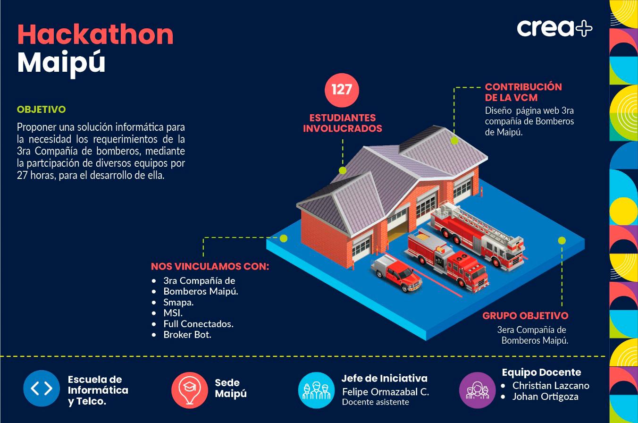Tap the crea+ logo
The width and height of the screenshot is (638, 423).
(554, 28)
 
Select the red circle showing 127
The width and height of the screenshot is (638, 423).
(342, 90)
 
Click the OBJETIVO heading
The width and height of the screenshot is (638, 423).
(41, 110)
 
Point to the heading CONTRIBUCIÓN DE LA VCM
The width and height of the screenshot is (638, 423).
(523, 92)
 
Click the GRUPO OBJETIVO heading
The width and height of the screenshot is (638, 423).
(525, 315)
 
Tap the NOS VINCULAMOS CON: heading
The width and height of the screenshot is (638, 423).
(210, 266)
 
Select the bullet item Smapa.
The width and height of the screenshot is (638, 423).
(178, 302)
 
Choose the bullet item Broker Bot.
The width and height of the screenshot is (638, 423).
(187, 335)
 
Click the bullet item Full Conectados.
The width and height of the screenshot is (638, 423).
(198, 324)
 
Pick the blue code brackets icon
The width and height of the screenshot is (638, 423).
(42, 389)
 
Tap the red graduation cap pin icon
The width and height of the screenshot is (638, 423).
(190, 390)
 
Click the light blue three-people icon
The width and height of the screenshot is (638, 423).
(316, 390)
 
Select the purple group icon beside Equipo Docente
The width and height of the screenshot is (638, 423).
(477, 390)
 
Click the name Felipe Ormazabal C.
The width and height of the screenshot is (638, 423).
(385, 392)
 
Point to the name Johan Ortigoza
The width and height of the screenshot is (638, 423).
(545, 397)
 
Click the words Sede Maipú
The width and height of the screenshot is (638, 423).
(231, 388)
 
